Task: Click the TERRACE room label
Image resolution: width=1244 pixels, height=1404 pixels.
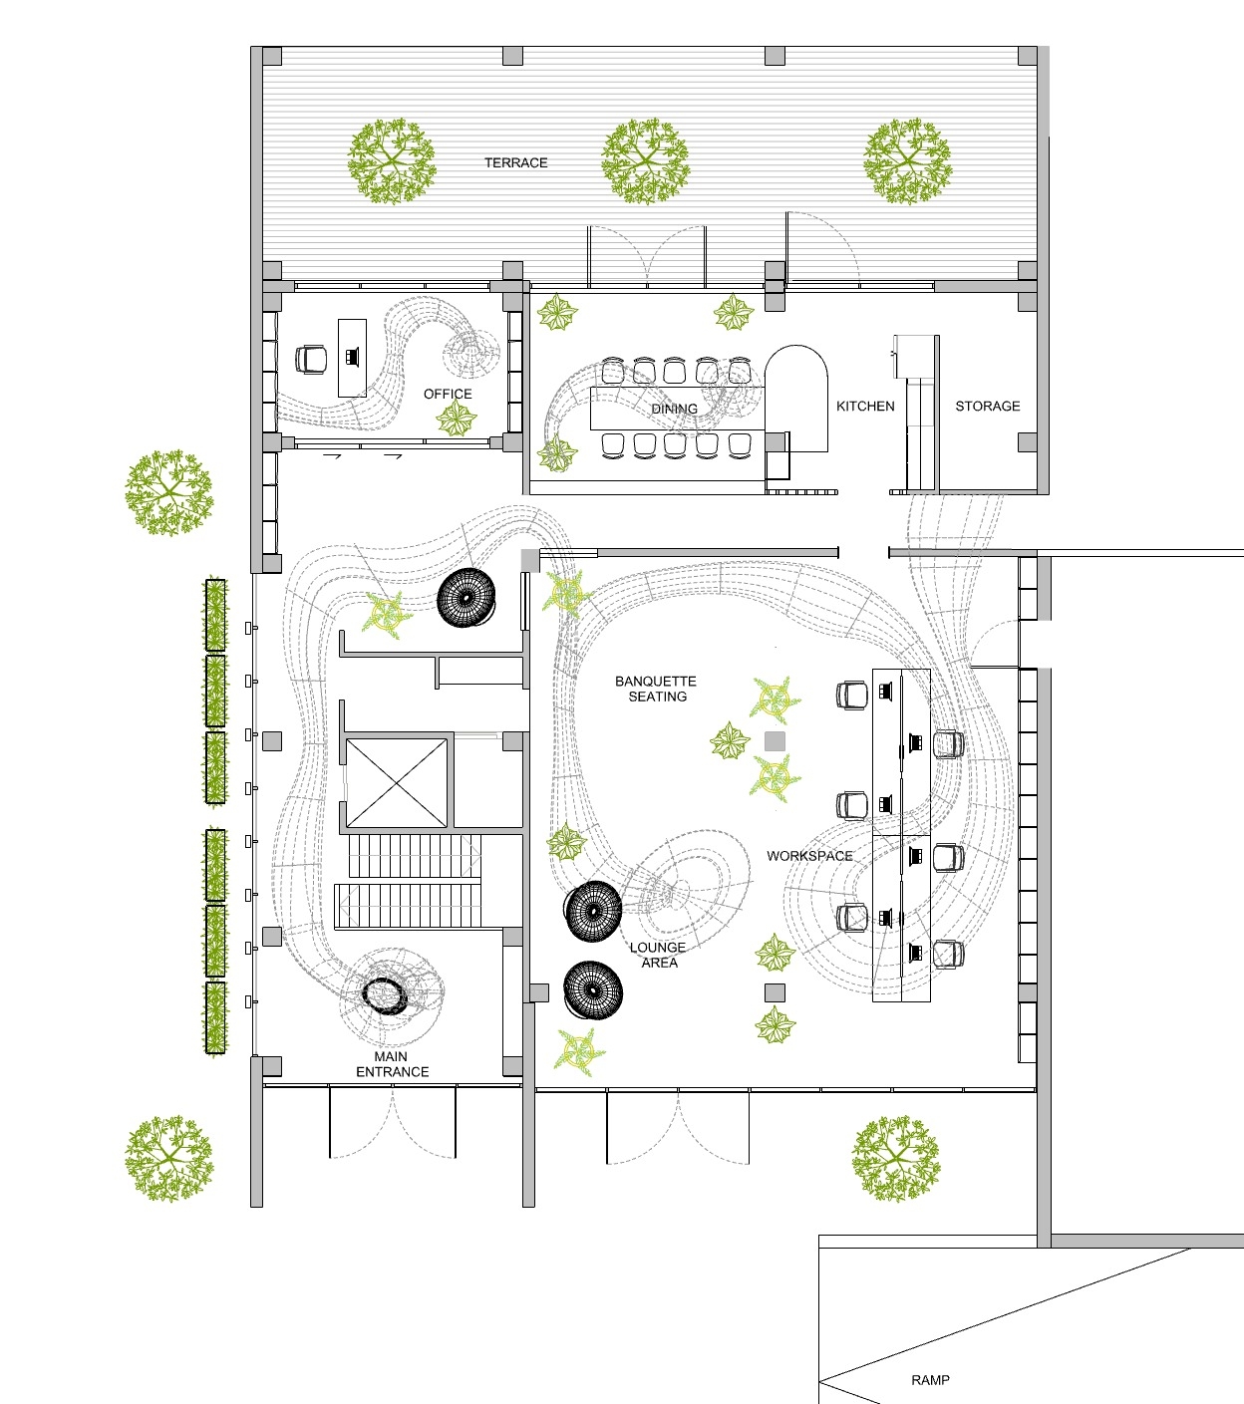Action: (516, 162)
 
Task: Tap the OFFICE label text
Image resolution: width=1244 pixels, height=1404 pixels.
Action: (448, 394)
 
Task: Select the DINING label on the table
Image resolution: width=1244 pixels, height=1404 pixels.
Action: (674, 409)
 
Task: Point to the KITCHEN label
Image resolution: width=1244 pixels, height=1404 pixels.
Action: (865, 407)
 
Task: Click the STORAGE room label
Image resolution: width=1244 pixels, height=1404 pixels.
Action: (988, 407)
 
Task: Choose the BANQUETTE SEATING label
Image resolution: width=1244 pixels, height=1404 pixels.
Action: (656, 689)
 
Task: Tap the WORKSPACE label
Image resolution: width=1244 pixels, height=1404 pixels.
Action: (810, 856)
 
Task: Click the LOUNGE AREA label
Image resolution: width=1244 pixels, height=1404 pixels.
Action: (658, 955)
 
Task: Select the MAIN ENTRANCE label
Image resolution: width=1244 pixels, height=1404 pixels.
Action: (392, 1064)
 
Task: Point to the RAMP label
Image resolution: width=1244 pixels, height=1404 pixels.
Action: (930, 1380)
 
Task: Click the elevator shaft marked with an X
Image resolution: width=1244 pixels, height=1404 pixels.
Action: (397, 783)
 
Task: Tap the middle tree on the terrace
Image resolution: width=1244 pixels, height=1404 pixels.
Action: (646, 161)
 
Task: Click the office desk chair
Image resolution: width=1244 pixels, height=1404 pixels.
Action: (311, 359)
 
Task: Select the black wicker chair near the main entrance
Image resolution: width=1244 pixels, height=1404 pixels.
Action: (385, 996)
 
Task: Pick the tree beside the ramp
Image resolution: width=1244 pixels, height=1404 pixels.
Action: (896, 1158)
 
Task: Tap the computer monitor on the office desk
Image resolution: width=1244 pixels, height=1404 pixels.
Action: (353, 357)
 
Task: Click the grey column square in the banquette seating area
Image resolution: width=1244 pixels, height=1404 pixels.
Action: (775, 741)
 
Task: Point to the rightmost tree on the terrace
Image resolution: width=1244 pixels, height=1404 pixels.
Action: (908, 161)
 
